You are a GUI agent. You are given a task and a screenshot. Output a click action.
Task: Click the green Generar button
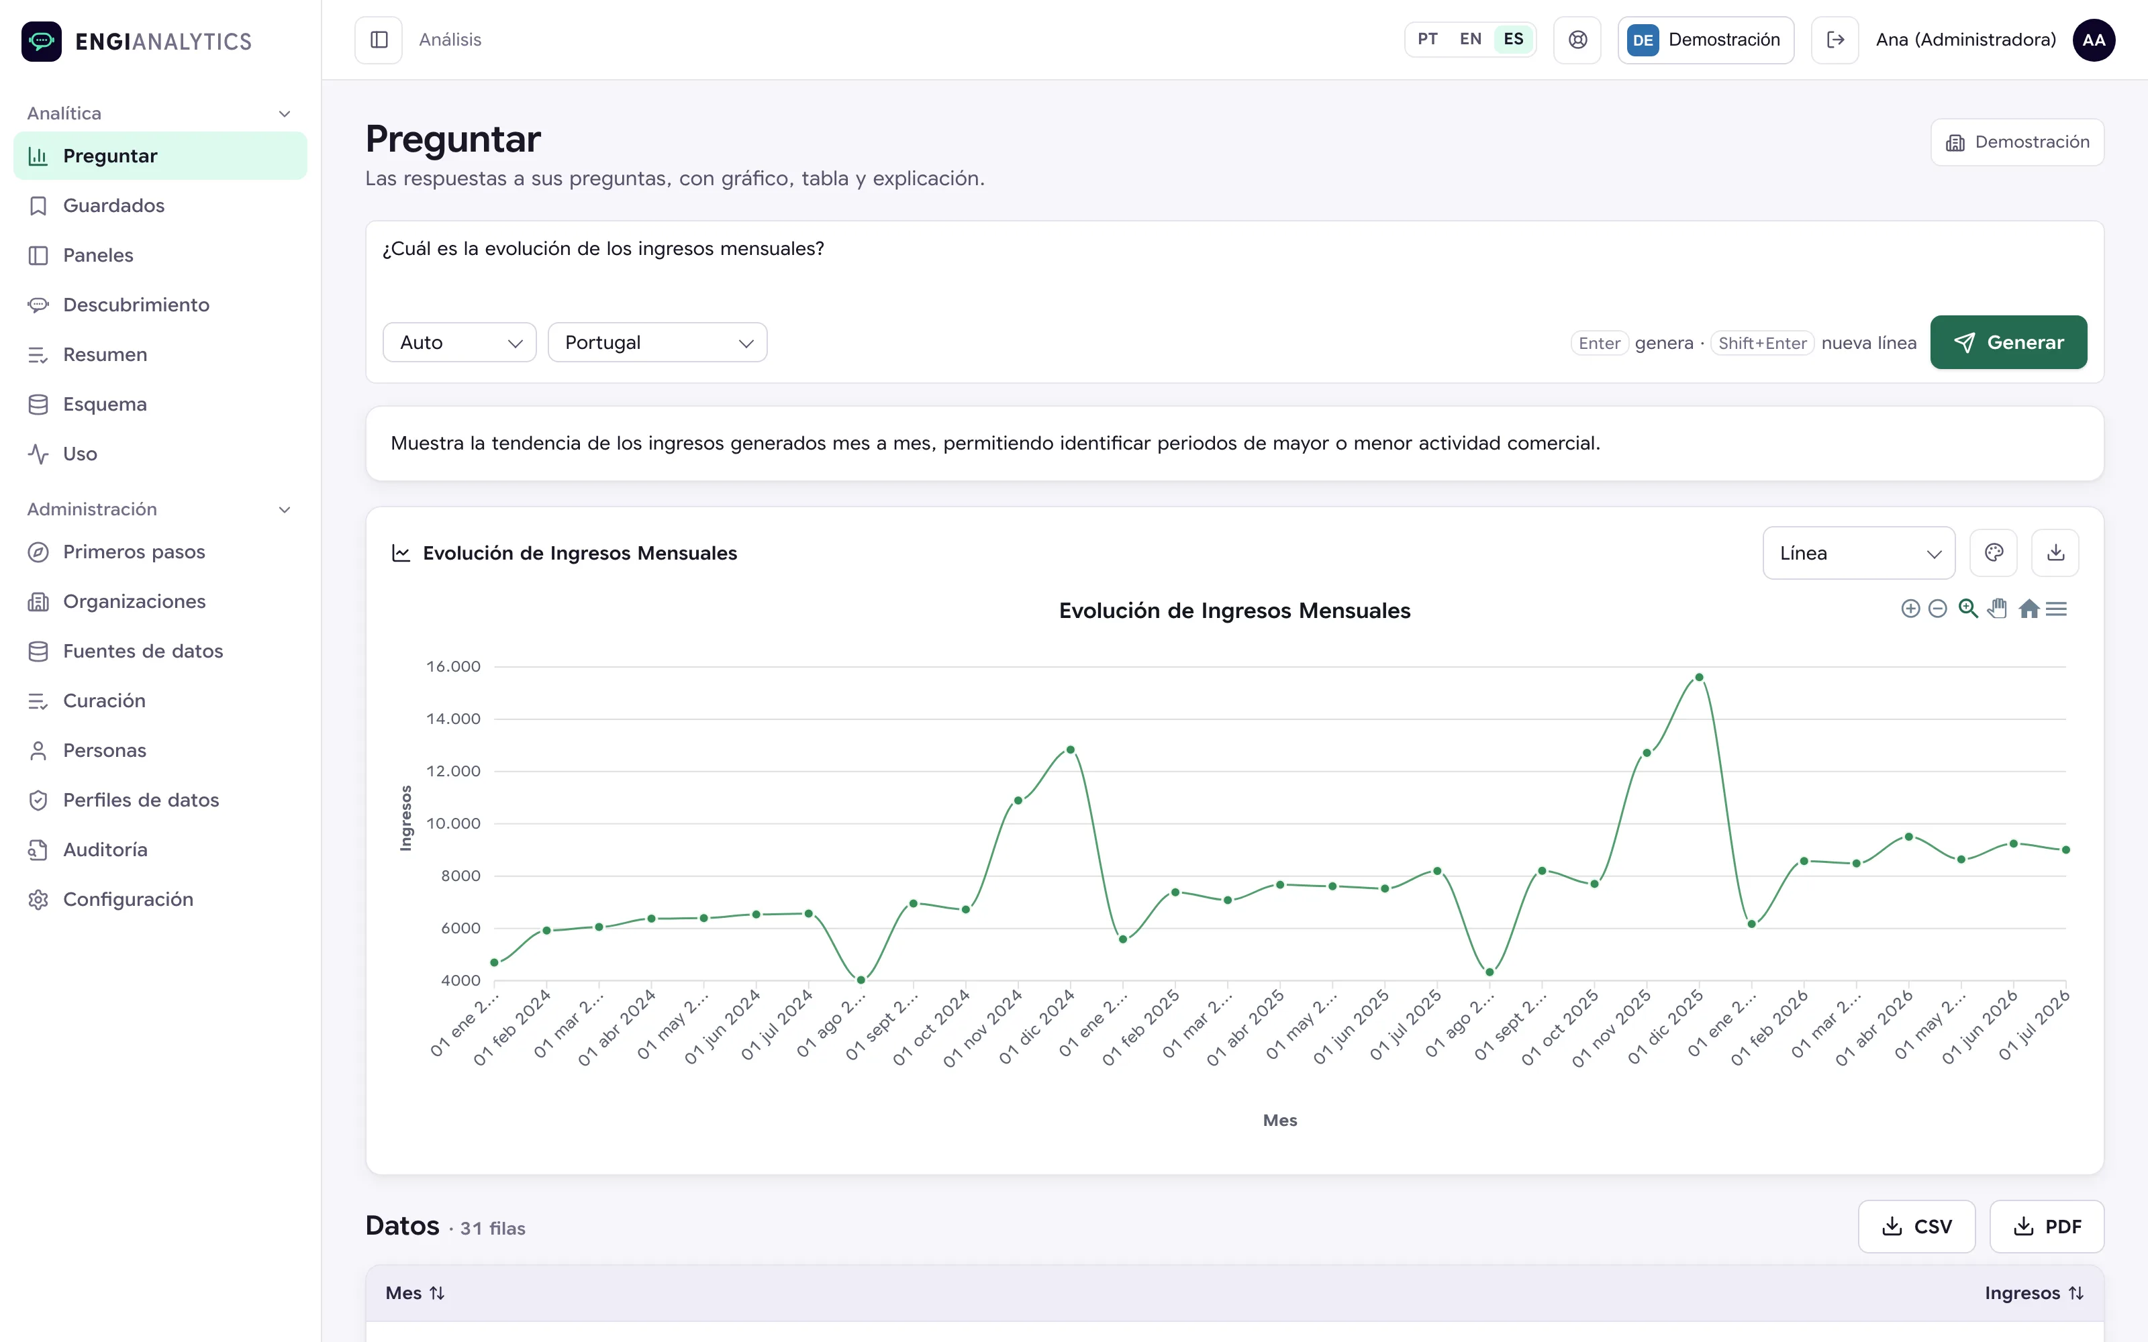click(x=2008, y=343)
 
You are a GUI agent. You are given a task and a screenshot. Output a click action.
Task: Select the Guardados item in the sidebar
click(x=113, y=206)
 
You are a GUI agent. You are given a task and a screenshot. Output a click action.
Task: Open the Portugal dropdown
click(x=657, y=343)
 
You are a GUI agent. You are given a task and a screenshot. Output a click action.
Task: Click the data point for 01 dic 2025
click(x=1699, y=677)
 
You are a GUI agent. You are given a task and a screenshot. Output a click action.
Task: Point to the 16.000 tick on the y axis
click(x=454, y=666)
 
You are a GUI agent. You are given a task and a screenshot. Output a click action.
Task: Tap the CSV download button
click(x=1916, y=1227)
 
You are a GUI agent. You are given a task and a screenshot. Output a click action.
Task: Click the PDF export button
click(x=2047, y=1227)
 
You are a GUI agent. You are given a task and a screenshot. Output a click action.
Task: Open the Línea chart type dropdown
click(x=1859, y=553)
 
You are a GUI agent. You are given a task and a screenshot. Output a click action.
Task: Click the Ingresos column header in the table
click(x=2033, y=1293)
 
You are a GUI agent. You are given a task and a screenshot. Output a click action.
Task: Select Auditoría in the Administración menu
click(x=105, y=850)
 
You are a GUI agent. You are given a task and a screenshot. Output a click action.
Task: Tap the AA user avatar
click(x=2094, y=40)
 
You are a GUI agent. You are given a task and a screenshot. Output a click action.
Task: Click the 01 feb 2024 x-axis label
click(x=512, y=1028)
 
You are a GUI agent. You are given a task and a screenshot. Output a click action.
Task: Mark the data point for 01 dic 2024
click(x=1071, y=750)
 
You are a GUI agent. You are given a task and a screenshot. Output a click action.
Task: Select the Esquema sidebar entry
click(x=105, y=405)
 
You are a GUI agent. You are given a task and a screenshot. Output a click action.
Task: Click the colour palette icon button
click(x=1994, y=553)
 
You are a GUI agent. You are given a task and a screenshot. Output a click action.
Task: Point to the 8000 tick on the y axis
click(x=460, y=876)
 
